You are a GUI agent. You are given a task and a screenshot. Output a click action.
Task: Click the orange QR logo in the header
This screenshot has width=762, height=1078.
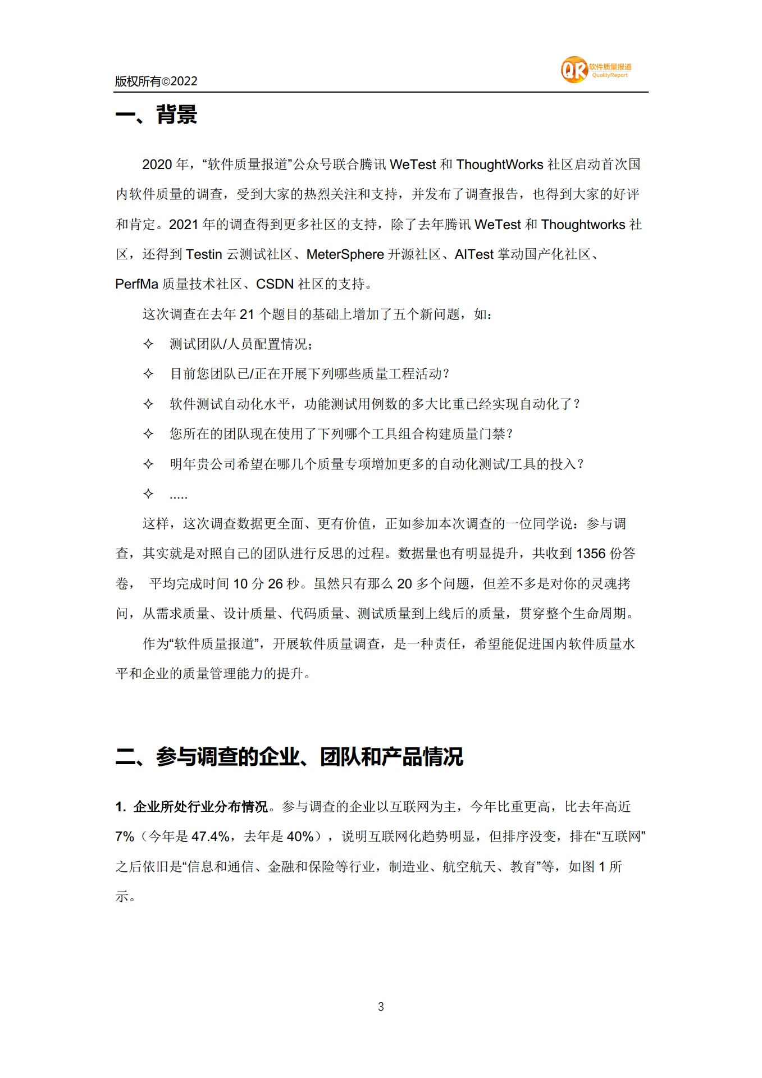tap(574, 70)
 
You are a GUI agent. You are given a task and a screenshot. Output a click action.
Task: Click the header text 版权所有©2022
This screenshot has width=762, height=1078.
tap(156, 81)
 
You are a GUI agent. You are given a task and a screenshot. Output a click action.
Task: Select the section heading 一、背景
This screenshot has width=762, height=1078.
tap(156, 115)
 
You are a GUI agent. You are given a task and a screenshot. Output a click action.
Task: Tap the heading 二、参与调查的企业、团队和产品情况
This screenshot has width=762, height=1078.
tap(289, 756)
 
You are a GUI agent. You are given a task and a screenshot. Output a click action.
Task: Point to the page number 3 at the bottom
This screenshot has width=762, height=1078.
tap(381, 1007)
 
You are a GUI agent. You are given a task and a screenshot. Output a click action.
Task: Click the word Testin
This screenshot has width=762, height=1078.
tap(204, 254)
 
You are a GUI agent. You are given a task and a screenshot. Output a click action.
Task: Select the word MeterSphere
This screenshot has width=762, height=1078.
tap(345, 254)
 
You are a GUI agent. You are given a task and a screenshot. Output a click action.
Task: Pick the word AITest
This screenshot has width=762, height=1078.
tap(474, 254)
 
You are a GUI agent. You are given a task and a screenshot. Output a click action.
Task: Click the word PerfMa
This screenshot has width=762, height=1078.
tap(136, 284)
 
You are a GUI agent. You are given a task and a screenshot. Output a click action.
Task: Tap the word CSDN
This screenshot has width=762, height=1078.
tap(275, 284)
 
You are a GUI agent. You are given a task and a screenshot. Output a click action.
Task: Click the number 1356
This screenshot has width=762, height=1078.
tap(591, 554)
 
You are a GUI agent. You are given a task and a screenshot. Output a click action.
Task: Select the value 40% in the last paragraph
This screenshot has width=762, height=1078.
tap(300, 837)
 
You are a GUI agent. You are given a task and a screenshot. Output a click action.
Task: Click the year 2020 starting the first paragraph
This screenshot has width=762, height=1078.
tap(157, 165)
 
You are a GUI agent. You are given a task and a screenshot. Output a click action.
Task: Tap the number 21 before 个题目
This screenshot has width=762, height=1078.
tap(247, 314)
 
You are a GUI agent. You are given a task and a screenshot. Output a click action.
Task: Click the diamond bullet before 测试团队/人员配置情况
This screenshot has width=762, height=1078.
tap(148, 344)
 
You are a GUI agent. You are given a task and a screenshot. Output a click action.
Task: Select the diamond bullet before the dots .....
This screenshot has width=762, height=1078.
tap(148, 494)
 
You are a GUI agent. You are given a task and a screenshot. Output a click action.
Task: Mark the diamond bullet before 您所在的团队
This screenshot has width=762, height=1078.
tap(148, 433)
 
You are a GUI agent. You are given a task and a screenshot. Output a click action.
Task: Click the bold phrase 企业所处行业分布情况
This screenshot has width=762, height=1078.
tap(200, 807)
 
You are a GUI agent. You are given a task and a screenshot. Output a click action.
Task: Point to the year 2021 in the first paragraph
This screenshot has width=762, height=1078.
tap(184, 225)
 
